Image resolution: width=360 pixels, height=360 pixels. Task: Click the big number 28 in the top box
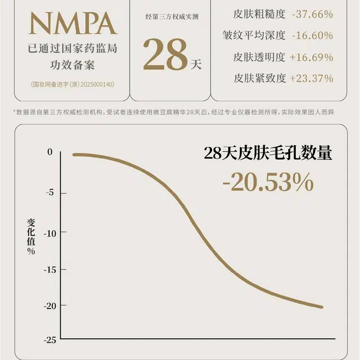[165, 55]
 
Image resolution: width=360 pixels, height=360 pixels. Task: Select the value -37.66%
[312, 14]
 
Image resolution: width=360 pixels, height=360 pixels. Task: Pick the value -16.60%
[312, 35]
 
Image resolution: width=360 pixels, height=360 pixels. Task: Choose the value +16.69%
[312, 57]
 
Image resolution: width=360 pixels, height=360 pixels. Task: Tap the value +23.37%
[312, 78]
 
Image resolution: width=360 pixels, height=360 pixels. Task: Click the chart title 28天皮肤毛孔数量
[268, 154]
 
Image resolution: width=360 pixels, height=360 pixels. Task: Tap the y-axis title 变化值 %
[31, 236]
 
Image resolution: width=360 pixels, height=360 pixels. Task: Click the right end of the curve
[322, 307]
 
